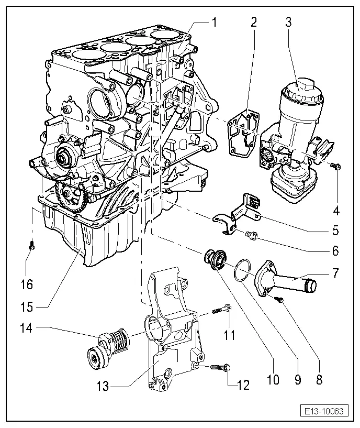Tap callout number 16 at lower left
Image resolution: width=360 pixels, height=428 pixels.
click(x=27, y=284)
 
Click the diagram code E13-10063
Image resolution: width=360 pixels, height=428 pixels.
click(x=324, y=411)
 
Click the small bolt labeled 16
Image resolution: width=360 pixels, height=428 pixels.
click(x=31, y=244)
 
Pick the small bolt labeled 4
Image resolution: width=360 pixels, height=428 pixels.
click(x=335, y=166)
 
